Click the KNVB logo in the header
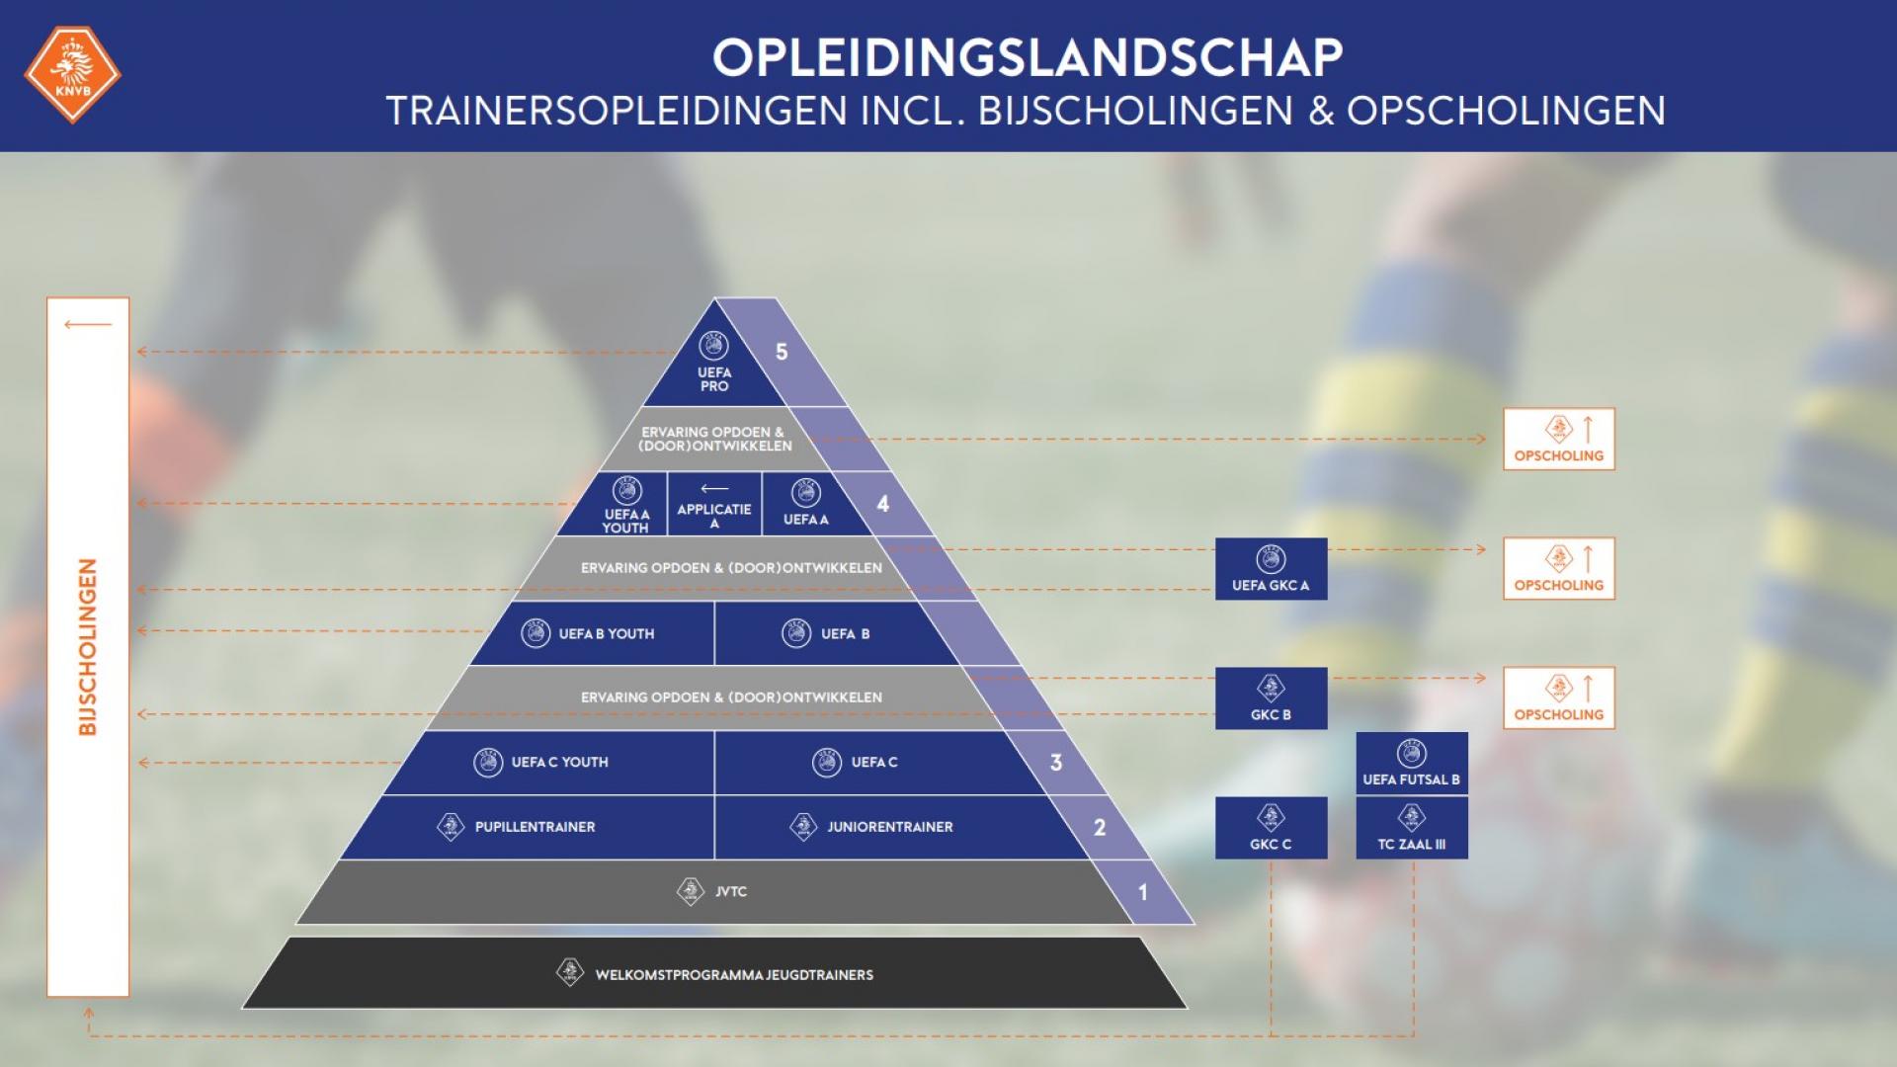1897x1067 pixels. pos(72,74)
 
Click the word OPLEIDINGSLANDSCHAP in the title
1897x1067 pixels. pos(1028,57)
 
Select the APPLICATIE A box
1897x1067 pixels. pos(714,505)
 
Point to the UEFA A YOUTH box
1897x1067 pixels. pos(625,507)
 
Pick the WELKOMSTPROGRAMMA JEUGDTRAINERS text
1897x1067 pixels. pos(733,974)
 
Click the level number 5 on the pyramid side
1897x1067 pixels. pos(782,352)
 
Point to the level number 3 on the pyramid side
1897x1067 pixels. pos(1056,762)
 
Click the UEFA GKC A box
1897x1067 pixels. pos(1271,569)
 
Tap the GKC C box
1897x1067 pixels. pos(1271,828)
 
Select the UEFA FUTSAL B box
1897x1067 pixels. pos(1411,763)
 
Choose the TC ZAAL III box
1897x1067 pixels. pos(1411,828)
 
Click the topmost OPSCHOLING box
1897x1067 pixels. pos(1558,439)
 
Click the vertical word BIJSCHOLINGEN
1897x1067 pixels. pos(88,647)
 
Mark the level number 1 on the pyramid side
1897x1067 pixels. pos(1143,892)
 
